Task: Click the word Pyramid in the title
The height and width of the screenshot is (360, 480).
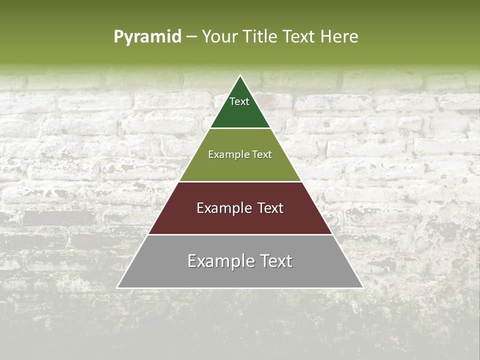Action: click(147, 37)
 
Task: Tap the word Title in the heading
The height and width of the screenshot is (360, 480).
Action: click(259, 36)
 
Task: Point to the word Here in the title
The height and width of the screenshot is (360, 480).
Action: click(339, 36)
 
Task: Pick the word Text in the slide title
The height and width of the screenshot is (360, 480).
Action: click(299, 36)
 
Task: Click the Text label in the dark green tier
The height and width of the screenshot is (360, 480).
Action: click(239, 101)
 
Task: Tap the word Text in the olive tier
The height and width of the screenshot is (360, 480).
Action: click(261, 154)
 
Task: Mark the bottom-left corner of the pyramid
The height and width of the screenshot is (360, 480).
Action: click(117, 288)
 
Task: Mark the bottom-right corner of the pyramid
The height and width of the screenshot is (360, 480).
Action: click(363, 288)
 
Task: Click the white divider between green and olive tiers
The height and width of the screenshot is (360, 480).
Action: click(240, 128)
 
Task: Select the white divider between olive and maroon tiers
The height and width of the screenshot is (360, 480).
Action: click(240, 181)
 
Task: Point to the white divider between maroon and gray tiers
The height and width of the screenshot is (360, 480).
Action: click(240, 234)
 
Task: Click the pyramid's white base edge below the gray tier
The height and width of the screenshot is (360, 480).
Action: click(240, 288)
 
